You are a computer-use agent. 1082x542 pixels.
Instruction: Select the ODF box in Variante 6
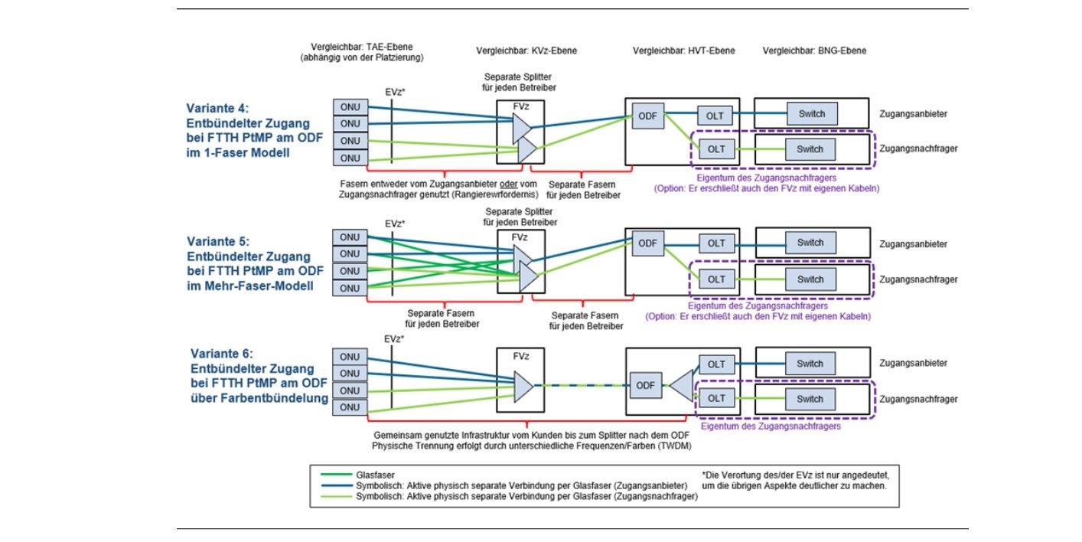point(644,384)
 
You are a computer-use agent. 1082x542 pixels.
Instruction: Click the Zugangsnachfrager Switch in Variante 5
point(810,279)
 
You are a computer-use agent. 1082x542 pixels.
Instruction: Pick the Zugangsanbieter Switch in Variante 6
point(810,364)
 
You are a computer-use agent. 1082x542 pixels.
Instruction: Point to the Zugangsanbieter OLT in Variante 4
point(716,116)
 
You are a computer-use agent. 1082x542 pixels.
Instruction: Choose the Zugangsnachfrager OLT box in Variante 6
point(716,399)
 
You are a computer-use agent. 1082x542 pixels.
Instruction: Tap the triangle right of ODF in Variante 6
point(681,384)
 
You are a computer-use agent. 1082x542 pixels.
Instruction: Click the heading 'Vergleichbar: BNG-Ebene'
point(814,51)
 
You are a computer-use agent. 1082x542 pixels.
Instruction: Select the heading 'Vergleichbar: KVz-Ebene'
point(526,51)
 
